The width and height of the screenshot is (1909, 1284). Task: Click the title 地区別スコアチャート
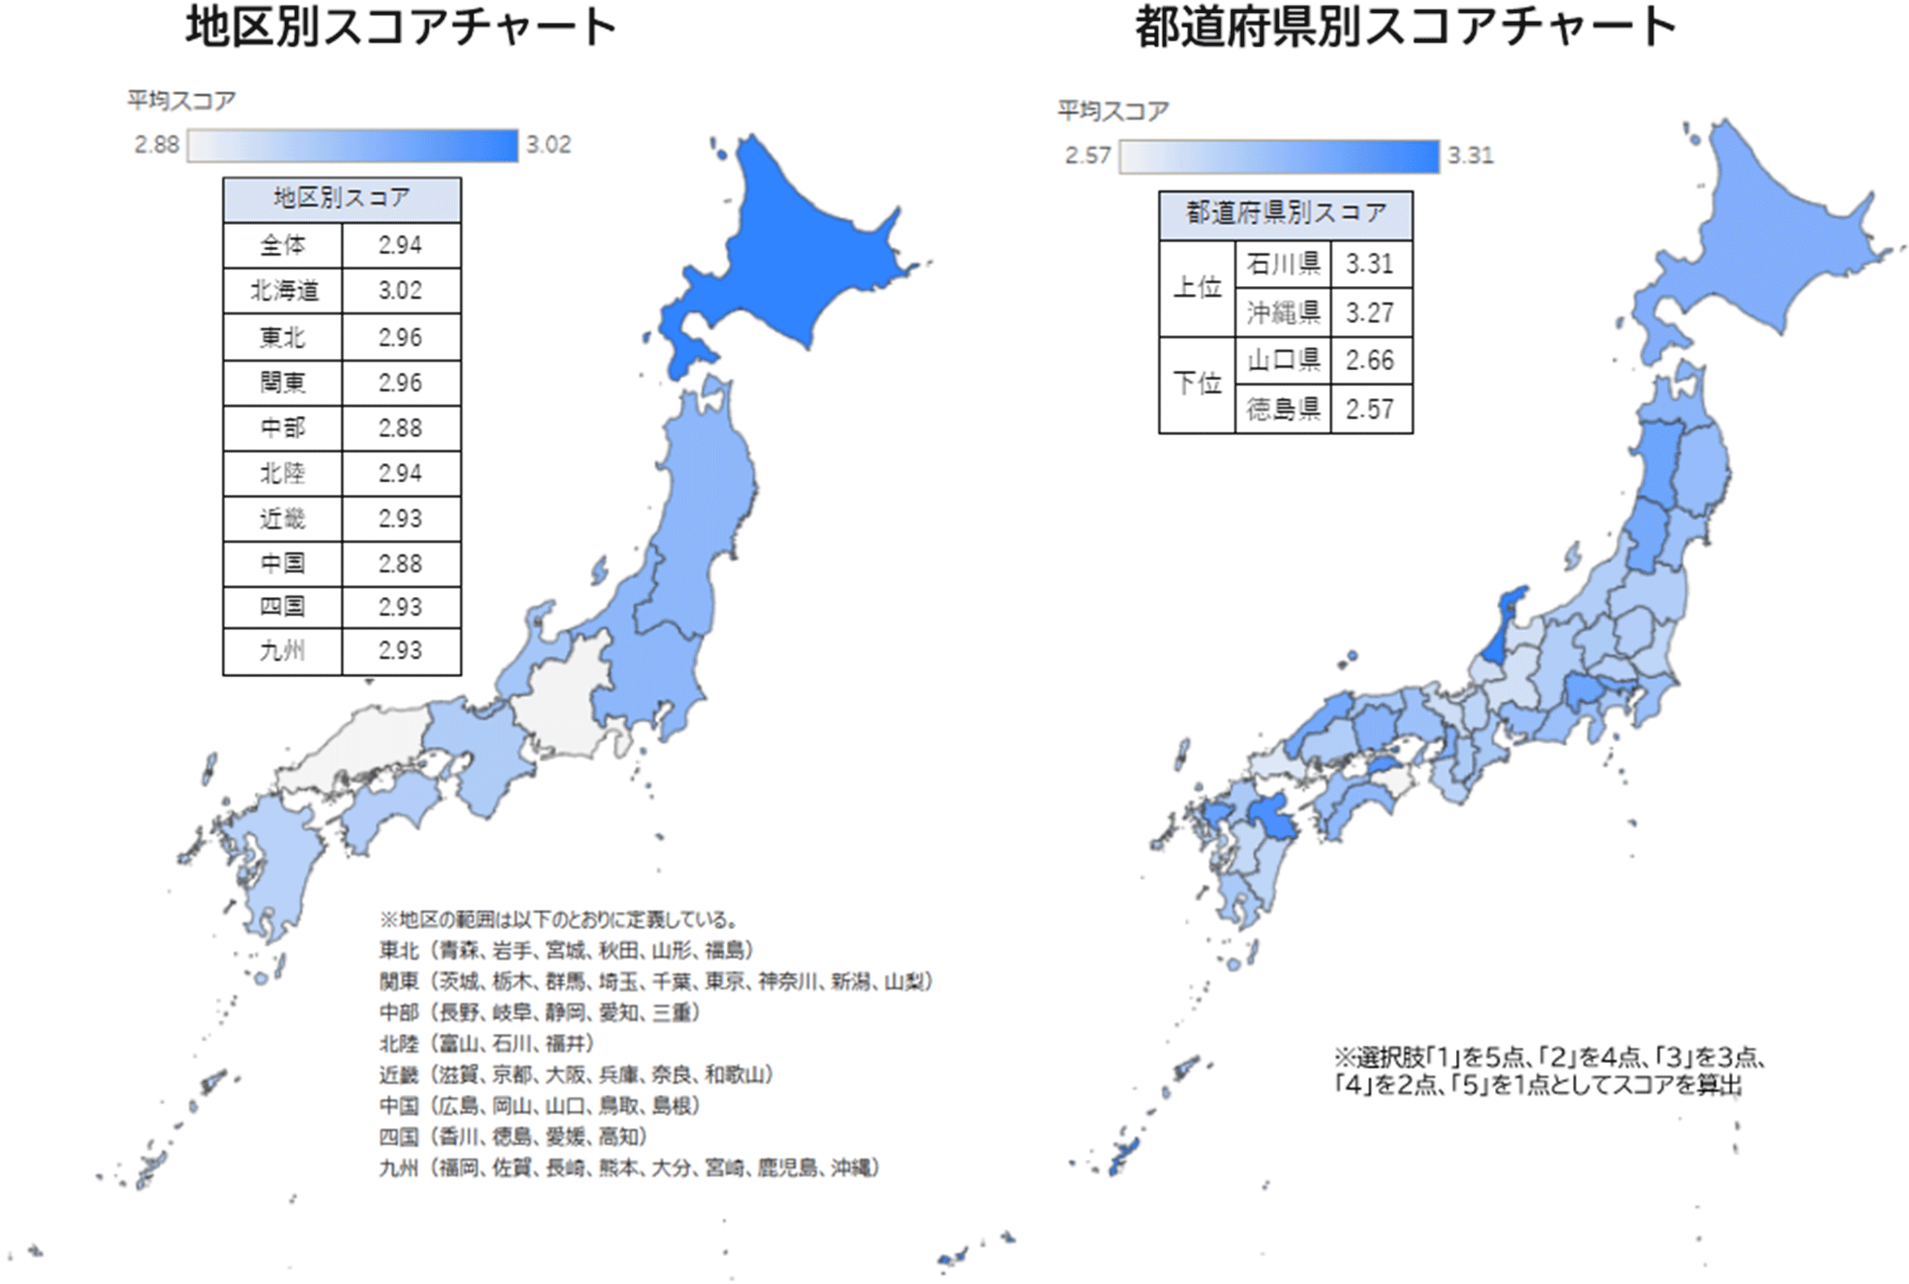tap(400, 28)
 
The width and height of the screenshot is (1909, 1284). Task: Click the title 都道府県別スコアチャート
tap(1405, 28)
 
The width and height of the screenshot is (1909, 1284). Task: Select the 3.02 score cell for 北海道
tap(400, 291)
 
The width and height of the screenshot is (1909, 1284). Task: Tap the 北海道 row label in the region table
tap(283, 291)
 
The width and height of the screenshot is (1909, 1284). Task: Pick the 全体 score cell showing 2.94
tap(400, 244)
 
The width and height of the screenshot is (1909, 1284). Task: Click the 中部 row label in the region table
tap(283, 427)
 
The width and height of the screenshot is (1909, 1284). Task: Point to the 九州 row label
tap(283, 651)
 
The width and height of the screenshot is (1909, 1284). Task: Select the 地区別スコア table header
tap(341, 199)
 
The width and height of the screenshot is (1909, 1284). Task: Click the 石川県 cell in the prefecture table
tap(1283, 264)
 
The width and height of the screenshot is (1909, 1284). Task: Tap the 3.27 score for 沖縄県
tap(1370, 312)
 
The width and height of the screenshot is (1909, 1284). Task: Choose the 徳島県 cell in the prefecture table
tap(1283, 409)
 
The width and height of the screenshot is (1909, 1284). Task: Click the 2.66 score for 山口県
tap(1370, 361)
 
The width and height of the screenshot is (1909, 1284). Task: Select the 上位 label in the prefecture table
tap(1197, 287)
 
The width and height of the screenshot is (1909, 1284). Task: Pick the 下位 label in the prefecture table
tap(1197, 383)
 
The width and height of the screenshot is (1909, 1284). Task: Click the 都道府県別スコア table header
tap(1285, 214)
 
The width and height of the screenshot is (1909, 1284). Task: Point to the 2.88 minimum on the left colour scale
tap(157, 145)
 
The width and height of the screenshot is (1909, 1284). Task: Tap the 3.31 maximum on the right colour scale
tap(1471, 155)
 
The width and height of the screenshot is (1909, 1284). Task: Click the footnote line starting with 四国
tap(512, 1137)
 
